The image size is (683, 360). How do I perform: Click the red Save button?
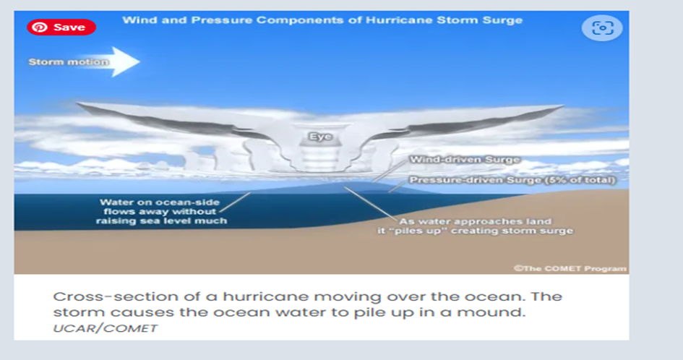click(61, 27)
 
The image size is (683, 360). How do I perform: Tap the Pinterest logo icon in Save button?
click(40, 27)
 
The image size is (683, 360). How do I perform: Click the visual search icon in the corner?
click(602, 28)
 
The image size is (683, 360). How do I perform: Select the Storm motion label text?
click(69, 62)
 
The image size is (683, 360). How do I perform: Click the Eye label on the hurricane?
click(321, 137)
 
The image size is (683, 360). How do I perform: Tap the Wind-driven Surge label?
click(465, 160)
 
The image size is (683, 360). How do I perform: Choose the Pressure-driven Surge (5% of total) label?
click(512, 180)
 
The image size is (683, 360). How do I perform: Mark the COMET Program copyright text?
click(570, 268)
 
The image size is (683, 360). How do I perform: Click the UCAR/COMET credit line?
click(105, 328)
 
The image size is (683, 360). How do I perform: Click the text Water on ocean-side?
click(160, 202)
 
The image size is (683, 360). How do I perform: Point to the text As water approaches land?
click(476, 221)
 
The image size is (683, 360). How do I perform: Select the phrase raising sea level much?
click(161, 220)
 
